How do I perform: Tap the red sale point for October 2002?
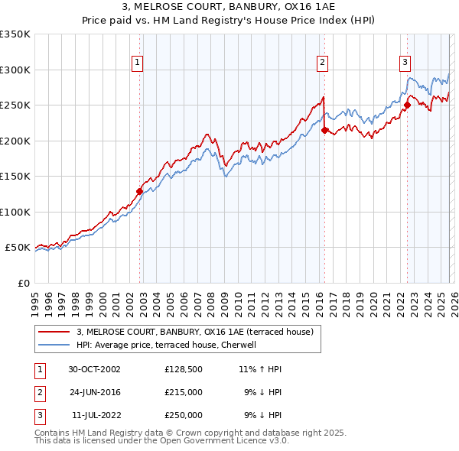point(140,191)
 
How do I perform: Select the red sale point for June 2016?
point(324,130)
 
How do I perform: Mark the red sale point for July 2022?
point(407,105)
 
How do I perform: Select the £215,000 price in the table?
point(183,392)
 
